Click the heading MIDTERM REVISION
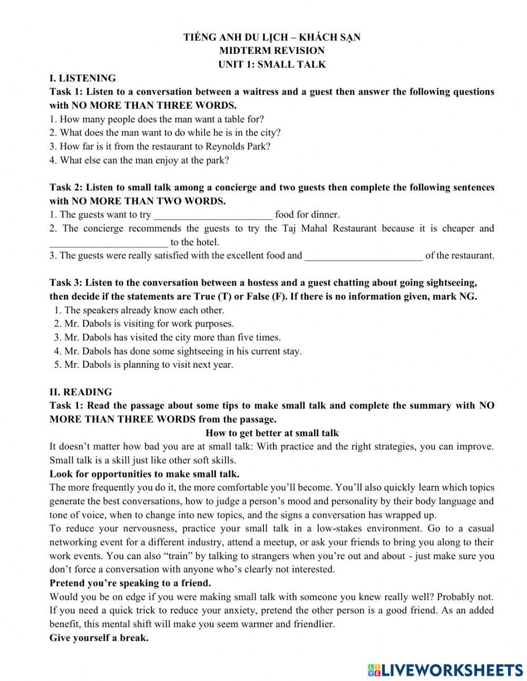click(x=272, y=51)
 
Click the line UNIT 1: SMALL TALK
click(x=272, y=64)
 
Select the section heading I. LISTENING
click(x=83, y=78)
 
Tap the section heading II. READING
click(x=81, y=392)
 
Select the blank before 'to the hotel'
click(x=109, y=243)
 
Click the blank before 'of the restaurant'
click(x=364, y=256)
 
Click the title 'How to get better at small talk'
click(x=272, y=433)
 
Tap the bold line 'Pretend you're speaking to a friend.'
click(x=130, y=583)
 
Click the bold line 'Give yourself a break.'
click(x=99, y=638)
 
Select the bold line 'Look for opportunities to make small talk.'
click(x=144, y=474)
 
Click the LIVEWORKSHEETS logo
click(x=445, y=670)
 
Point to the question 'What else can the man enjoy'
click(x=140, y=160)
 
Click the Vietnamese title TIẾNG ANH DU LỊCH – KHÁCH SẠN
click(x=272, y=37)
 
